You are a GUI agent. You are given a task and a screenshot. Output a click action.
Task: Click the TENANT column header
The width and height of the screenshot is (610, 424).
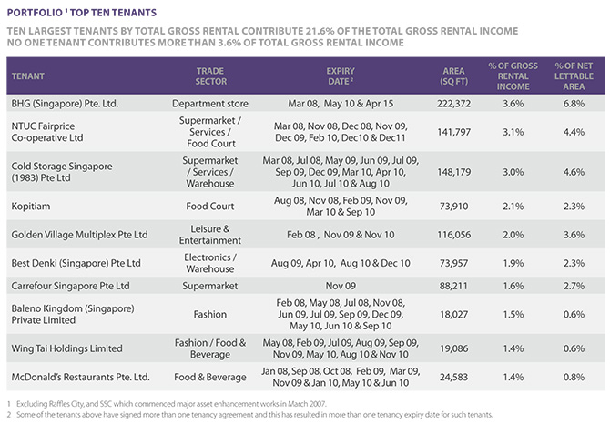click(x=27, y=76)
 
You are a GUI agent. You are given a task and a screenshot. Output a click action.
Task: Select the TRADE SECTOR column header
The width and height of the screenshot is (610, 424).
click(x=210, y=76)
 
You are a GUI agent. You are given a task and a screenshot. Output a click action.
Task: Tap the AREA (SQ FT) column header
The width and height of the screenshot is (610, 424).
click(x=454, y=76)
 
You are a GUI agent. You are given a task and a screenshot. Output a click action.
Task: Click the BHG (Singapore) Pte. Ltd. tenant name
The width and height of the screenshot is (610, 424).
click(x=65, y=104)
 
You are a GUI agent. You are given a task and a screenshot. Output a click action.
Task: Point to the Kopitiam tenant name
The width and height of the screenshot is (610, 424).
click(x=31, y=206)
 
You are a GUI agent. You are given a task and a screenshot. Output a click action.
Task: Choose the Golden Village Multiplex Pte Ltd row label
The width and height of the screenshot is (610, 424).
click(x=79, y=235)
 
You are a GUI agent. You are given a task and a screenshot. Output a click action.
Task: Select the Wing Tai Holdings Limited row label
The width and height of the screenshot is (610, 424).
click(x=66, y=348)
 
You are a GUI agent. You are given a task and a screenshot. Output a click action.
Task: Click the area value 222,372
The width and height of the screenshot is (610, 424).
click(x=453, y=104)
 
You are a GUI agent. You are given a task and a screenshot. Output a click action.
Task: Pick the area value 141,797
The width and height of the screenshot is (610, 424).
click(x=453, y=132)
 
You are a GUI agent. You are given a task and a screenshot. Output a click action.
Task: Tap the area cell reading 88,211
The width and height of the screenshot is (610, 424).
click(x=453, y=286)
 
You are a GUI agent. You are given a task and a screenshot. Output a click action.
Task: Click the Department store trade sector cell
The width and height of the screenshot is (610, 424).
click(x=210, y=104)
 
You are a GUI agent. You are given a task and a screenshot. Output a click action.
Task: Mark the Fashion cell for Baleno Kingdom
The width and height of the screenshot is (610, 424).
click(x=210, y=315)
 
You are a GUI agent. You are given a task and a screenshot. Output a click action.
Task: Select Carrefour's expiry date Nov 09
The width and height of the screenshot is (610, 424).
click(x=341, y=286)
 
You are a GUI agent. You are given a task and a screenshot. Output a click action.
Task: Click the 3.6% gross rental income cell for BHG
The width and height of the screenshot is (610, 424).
click(x=513, y=104)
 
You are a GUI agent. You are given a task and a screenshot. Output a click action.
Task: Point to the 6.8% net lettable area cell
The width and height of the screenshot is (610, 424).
click(x=574, y=104)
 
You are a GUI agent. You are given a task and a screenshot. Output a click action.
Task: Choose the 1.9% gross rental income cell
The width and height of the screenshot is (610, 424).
click(x=513, y=263)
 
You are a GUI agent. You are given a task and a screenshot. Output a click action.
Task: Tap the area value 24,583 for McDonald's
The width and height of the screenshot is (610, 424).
click(x=453, y=377)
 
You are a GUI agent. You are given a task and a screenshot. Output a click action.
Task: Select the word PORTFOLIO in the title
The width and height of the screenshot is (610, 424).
click(x=35, y=13)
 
